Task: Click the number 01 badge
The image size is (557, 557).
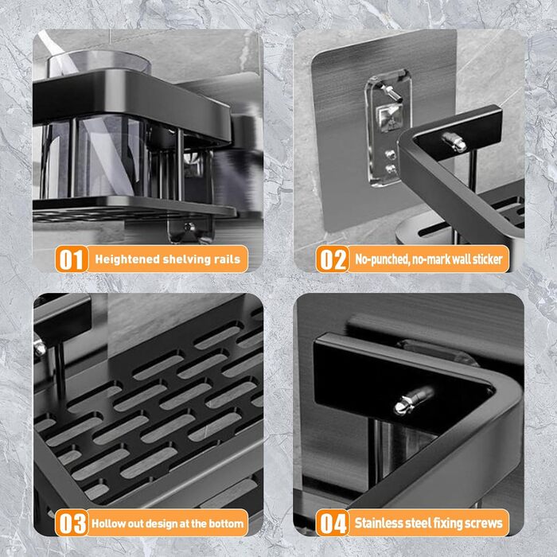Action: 72,259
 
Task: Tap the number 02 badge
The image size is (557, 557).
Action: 332,259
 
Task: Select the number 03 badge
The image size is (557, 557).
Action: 72,523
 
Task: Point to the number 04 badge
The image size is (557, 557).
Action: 332,523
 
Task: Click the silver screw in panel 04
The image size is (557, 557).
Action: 414,400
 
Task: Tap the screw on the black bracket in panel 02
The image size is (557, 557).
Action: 454,142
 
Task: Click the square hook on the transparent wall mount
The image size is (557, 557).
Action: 388,117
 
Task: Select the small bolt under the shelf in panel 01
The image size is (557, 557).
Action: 189,228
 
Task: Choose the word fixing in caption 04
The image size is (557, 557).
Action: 444,524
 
